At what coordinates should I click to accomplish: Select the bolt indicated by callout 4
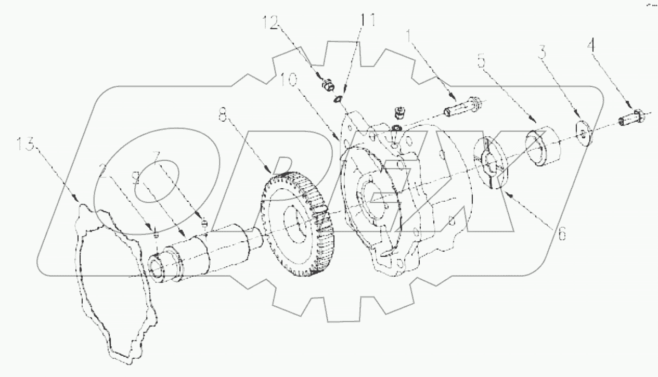(x=632, y=118)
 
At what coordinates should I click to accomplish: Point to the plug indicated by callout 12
(x=327, y=84)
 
